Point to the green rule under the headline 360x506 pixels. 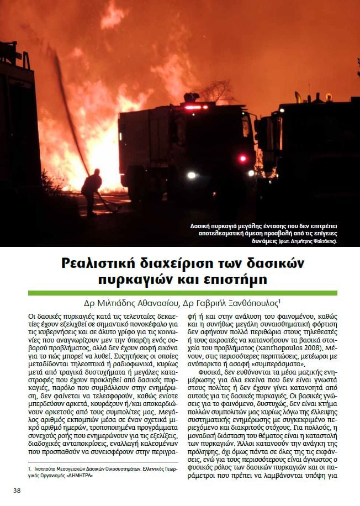pos(182,293)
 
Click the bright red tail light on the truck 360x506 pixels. pos(242,159)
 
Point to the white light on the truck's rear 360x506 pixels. pos(192,175)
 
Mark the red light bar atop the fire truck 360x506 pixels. pos(197,107)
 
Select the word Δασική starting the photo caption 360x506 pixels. pos(202,226)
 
